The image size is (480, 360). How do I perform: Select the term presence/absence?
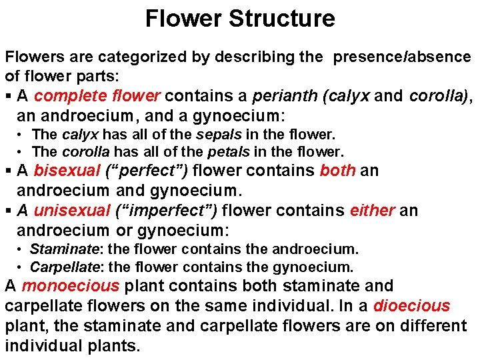coord(402,57)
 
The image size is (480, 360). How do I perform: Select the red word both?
coord(338,171)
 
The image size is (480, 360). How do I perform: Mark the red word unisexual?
coord(71,211)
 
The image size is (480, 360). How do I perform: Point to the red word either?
coord(371,211)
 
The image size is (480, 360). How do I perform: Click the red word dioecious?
coord(411,307)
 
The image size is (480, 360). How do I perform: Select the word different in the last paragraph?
coord(433,327)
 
